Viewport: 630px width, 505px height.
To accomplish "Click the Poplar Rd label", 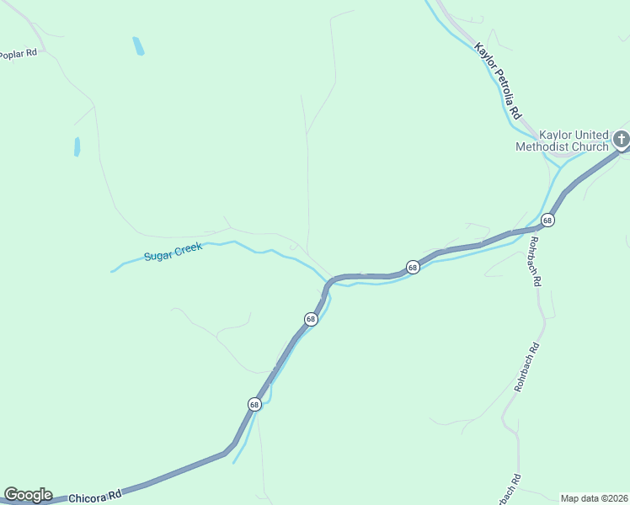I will pos(19,54).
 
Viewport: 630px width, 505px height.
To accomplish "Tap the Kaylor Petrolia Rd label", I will pos(499,81).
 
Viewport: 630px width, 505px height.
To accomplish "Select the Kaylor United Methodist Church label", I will pos(561,141).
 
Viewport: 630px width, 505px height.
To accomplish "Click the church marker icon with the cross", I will pos(622,139).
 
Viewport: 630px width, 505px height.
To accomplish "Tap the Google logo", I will pos(28,495).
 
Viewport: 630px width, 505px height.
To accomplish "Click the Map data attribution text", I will pos(594,498).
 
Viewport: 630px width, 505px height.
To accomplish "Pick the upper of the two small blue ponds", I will pos(138,46).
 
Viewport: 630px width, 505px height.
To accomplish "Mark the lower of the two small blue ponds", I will pos(77,146).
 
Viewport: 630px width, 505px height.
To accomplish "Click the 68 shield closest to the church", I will pos(547,221).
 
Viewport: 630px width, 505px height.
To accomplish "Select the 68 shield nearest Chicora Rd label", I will pos(254,404).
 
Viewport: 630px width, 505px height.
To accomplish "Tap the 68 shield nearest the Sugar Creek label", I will pos(311,319).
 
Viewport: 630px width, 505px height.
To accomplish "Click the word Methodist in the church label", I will pos(542,146).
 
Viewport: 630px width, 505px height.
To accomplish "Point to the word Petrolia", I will pos(500,82).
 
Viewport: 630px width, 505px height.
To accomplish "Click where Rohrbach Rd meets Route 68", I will pos(537,228).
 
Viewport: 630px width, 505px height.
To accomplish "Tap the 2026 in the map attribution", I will pos(617,498).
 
